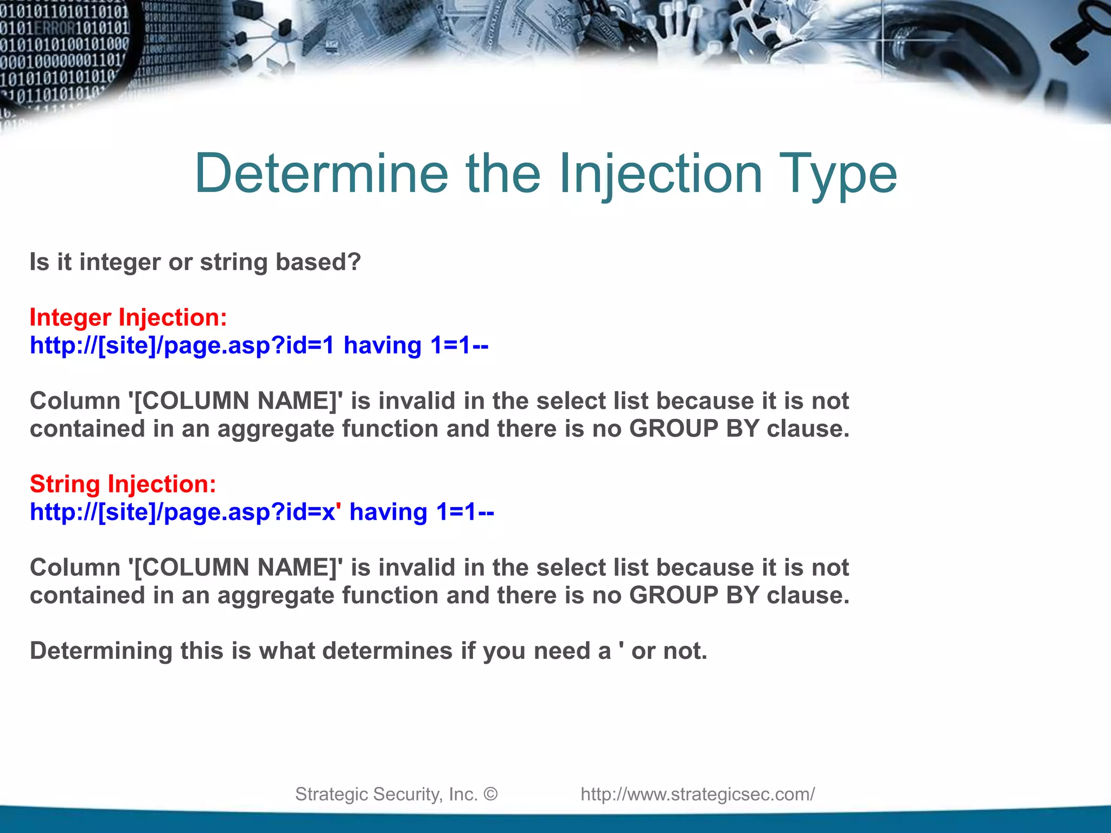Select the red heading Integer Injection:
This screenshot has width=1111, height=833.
(129, 317)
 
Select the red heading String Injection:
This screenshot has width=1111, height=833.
(123, 484)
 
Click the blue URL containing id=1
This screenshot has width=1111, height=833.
(259, 345)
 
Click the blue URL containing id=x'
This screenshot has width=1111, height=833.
(261, 512)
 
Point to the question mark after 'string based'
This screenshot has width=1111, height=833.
(354, 262)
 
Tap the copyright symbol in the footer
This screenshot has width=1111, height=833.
(490, 794)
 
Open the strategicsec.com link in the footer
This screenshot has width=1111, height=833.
(698, 794)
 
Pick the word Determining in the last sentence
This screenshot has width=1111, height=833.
(101, 651)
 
